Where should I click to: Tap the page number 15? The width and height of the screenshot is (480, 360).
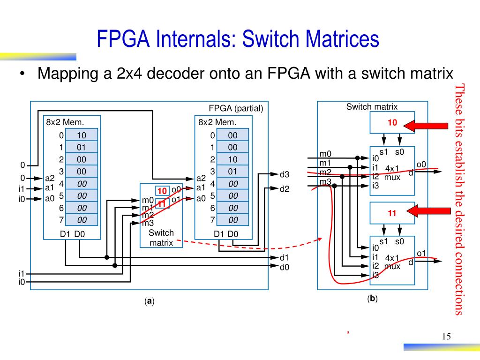[x=446, y=337]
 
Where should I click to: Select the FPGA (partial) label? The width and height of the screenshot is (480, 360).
[x=236, y=109]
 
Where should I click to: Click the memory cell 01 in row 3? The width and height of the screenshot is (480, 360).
[x=232, y=171]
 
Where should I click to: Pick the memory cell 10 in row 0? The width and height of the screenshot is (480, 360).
[x=82, y=135]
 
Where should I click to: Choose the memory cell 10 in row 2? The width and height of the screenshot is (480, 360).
[x=232, y=159]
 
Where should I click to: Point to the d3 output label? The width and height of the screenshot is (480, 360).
[x=285, y=175]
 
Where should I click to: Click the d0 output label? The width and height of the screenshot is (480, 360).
[x=285, y=267]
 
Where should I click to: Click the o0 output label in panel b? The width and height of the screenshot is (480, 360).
[x=421, y=164]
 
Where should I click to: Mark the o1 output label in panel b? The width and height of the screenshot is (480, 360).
[x=421, y=254]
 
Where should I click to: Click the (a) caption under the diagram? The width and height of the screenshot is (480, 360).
[x=150, y=301]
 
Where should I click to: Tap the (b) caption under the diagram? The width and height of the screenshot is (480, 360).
[x=373, y=299]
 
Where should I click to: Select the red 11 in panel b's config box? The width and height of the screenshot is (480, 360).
[x=392, y=213]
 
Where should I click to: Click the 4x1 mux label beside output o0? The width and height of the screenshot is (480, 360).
[x=392, y=172]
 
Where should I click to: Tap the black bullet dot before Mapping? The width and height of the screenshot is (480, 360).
[x=22, y=75]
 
